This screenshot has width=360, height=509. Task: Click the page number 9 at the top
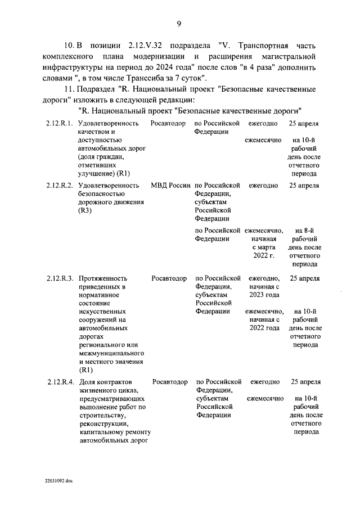point(178,23)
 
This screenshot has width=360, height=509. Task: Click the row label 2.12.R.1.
point(60,123)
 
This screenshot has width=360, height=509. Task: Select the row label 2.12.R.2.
point(60,185)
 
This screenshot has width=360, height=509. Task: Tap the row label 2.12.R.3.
point(60,278)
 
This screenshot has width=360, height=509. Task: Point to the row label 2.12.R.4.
point(60,382)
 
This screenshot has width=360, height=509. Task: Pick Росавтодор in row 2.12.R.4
point(170,382)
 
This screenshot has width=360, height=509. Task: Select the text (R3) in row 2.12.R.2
point(85,210)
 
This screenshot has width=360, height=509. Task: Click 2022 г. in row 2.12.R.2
point(263,255)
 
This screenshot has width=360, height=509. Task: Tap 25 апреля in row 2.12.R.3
point(304,278)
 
